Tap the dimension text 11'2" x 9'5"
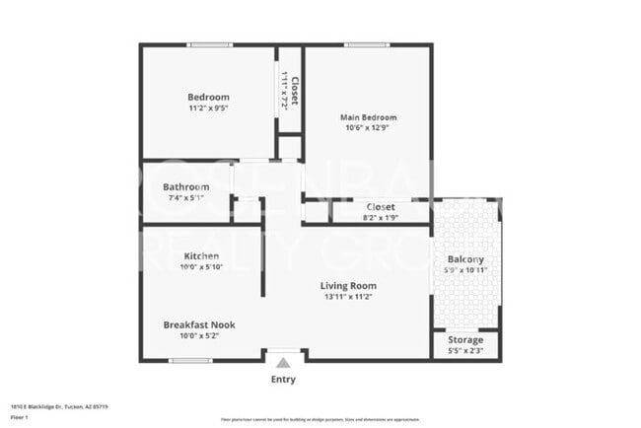(208, 110)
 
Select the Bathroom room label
(185, 186)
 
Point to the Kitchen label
(201, 255)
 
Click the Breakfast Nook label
(199, 324)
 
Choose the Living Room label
(348, 287)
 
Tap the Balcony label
(465, 259)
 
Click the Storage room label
(465, 340)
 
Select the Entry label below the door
(282, 380)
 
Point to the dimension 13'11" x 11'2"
(348, 298)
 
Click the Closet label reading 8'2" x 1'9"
(380, 207)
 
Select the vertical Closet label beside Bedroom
(294, 91)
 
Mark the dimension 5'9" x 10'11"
(465, 270)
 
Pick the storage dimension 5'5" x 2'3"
(465, 351)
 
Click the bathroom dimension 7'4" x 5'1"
(184, 197)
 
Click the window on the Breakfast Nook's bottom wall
(190, 361)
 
